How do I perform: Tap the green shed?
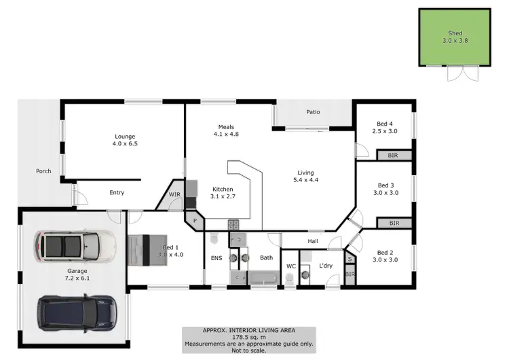(454, 37)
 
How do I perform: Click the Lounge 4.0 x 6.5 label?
(124, 140)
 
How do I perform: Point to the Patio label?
(312, 112)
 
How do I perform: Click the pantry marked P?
(195, 220)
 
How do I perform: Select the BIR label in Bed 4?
(392, 156)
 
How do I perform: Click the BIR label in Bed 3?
(392, 223)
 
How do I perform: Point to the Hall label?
(313, 240)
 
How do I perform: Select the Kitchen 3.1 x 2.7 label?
(223, 193)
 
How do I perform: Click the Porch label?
(43, 171)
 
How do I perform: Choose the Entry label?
(117, 192)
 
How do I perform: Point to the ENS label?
(216, 258)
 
